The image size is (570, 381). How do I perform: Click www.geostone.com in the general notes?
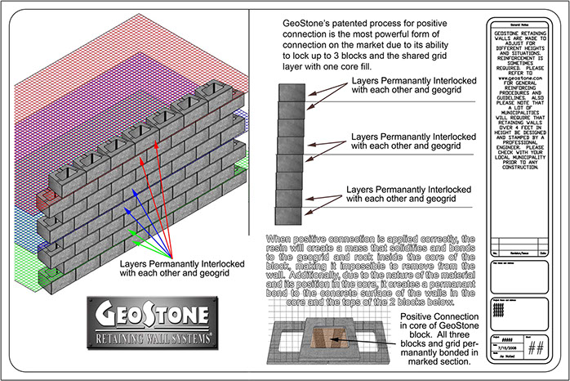click(x=523, y=78)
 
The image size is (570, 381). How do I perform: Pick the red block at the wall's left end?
click(x=48, y=196)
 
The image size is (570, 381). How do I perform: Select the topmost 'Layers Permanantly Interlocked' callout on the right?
click(x=411, y=87)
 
